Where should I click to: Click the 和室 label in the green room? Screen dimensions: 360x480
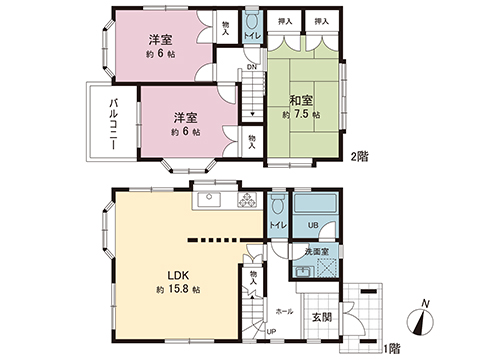point(303,100)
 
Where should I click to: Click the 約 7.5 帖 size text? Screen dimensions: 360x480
point(303,116)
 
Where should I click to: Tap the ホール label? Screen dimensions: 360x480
point(284,311)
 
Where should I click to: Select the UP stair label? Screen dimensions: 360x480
point(270,332)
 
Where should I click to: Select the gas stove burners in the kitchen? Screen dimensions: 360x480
point(244,199)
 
